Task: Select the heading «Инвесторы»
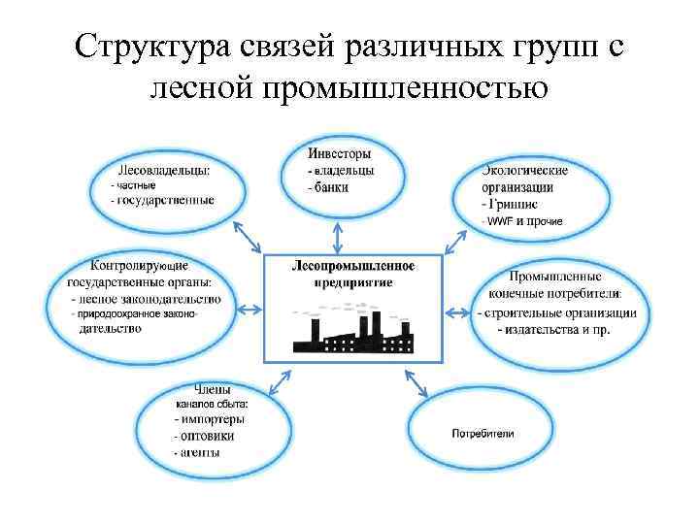(x=339, y=153)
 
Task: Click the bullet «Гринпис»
(x=514, y=205)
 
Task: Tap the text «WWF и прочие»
(x=525, y=221)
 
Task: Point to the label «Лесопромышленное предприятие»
(x=353, y=273)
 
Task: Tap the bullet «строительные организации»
(x=557, y=312)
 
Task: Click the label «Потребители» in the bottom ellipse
(x=483, y=432)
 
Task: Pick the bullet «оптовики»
(x=205, y=436)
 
